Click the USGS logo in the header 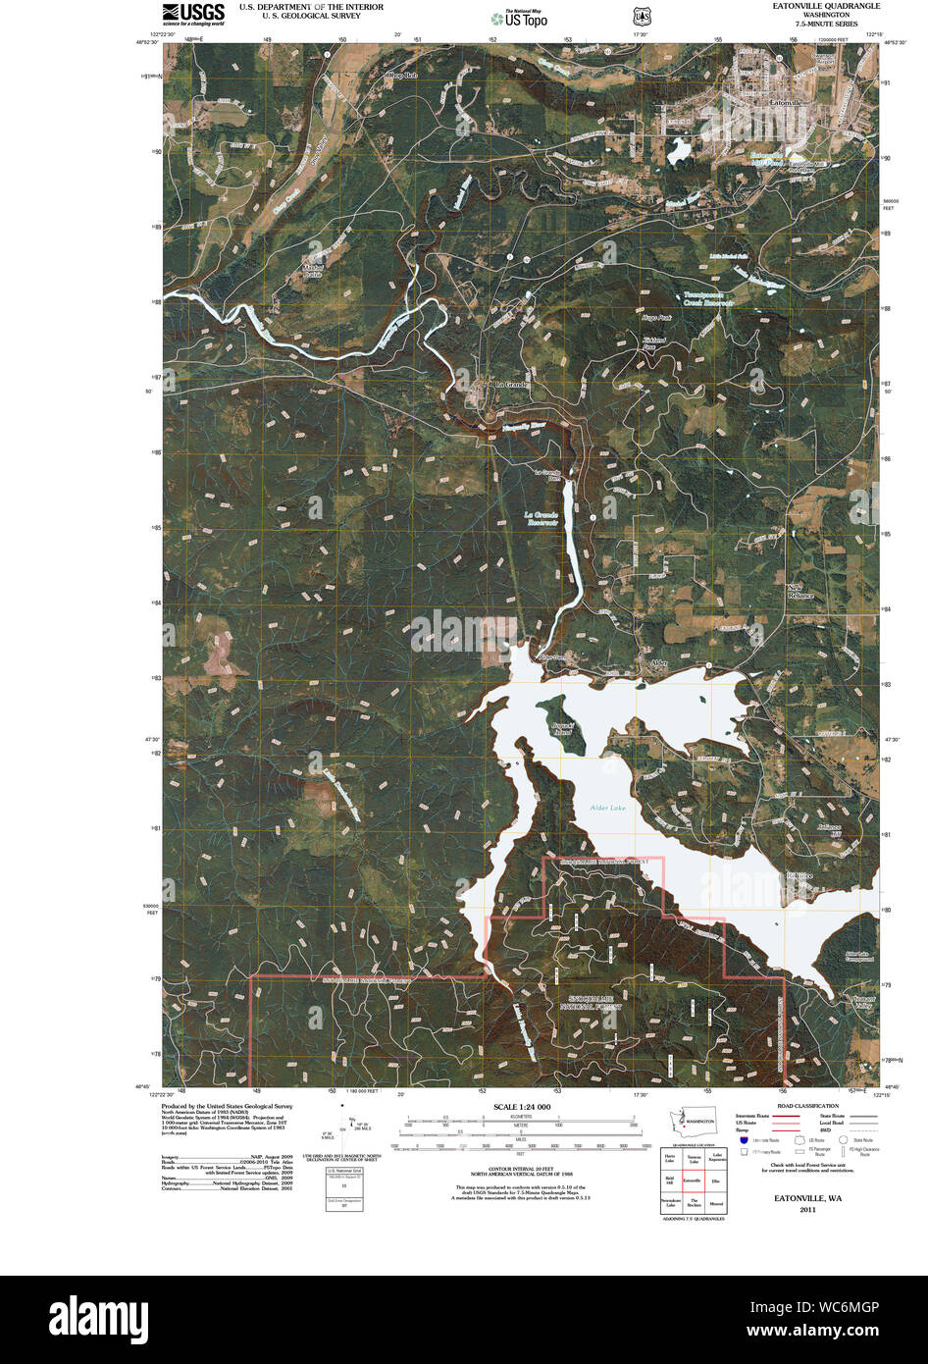click(192, 14)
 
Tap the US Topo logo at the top click(519, 19)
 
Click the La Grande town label click(511, 385)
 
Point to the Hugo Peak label click(656, 318)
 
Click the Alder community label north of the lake click(658, 663)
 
